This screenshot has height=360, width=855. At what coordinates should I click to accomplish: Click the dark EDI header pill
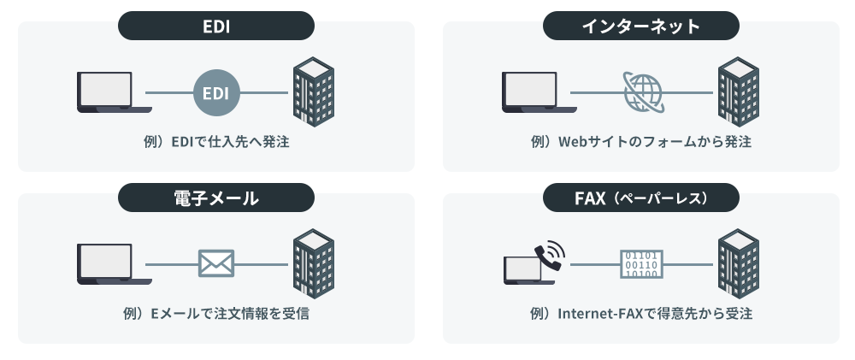(215, 27)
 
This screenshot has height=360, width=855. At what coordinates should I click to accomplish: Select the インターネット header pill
(641, 27)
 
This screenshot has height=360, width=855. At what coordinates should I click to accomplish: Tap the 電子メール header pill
(215, 198)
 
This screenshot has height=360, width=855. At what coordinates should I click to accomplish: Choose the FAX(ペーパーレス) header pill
(641, 198)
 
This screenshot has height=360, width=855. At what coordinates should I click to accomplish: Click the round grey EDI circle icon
(216, 92)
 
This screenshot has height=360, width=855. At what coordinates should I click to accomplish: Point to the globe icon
(642, 92)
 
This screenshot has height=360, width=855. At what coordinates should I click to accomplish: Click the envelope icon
(216, 263)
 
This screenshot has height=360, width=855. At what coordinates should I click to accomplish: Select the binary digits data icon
(641, 263)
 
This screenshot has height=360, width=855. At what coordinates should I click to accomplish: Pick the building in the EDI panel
(313, 91)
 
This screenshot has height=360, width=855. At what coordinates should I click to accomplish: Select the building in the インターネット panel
(738, 91)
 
